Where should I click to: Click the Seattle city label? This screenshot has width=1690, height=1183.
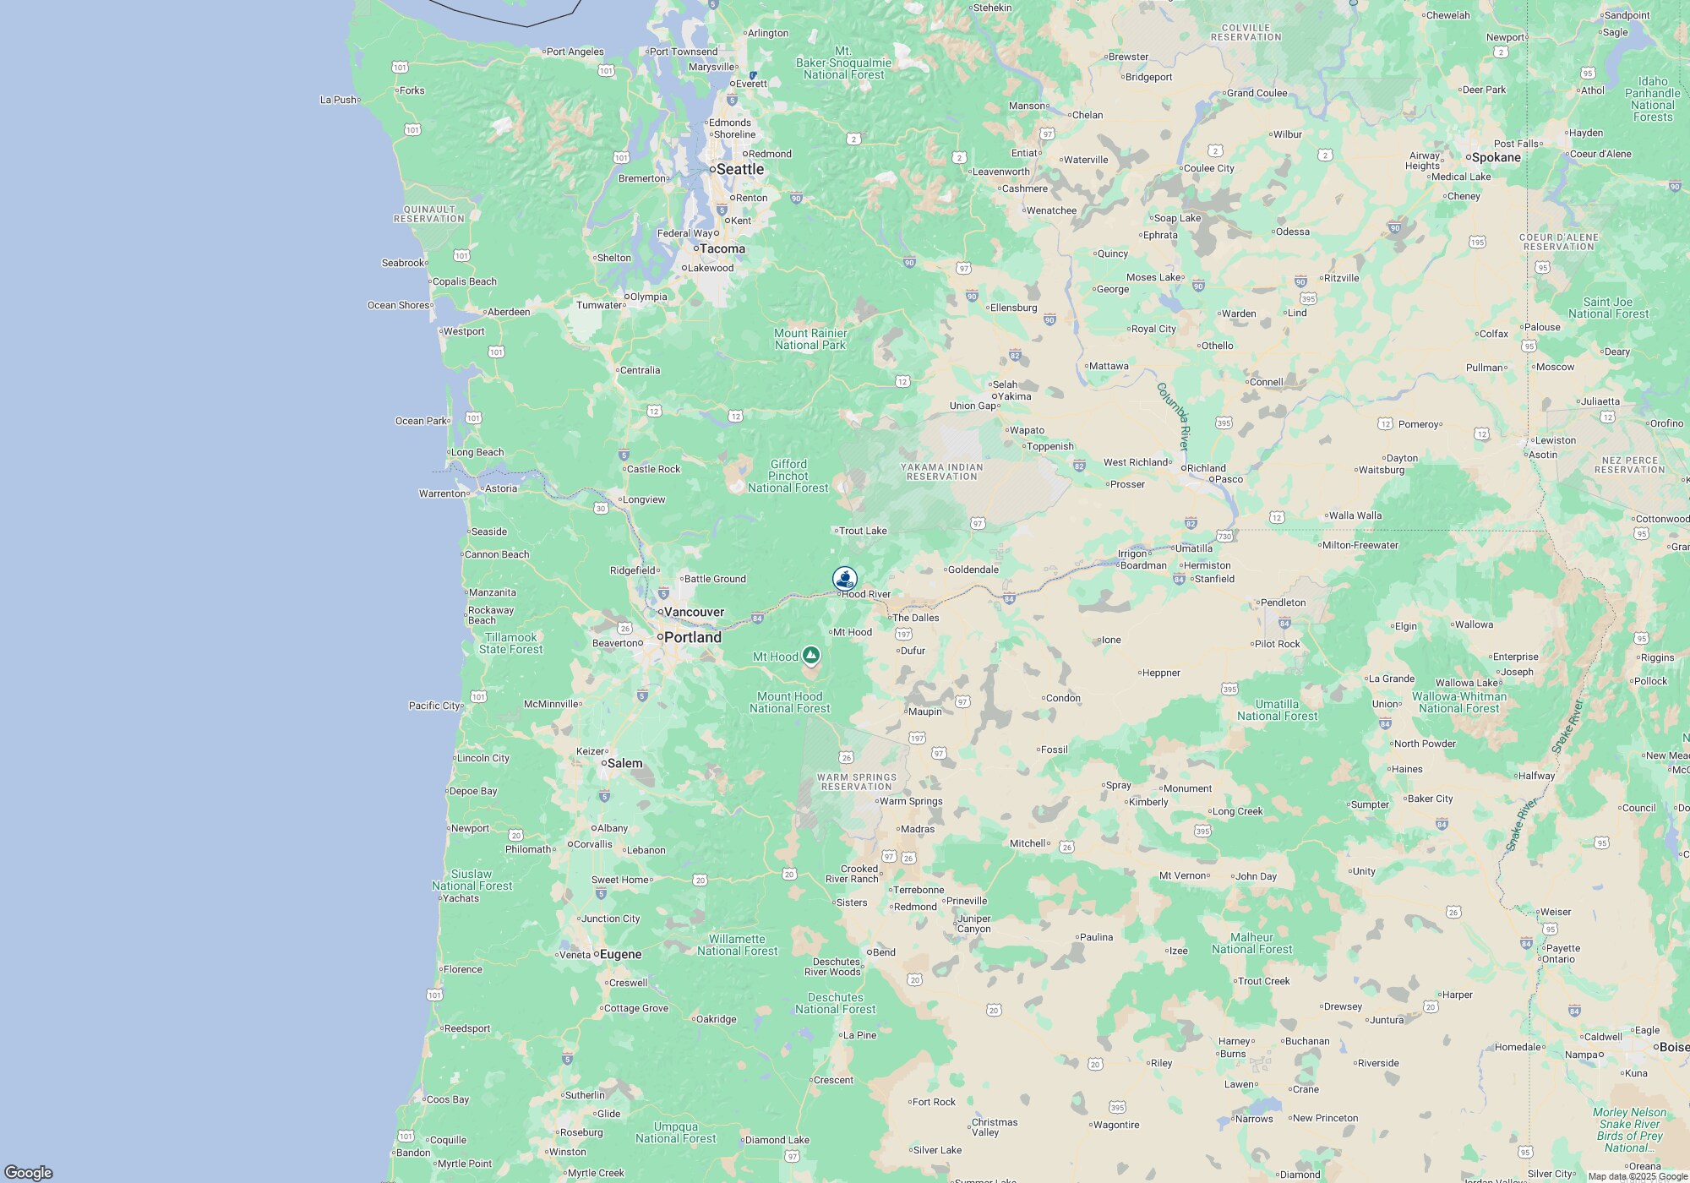point(739,169)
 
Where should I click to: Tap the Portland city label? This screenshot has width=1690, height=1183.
point(692,637)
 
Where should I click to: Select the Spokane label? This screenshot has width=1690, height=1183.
point(1496,157)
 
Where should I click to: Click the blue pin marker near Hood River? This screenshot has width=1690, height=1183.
point(844,579)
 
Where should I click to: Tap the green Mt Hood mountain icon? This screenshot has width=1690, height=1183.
point(811,655)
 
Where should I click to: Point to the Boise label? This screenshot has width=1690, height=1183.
point(1673,1047)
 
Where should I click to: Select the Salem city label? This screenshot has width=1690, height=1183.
point(624,763)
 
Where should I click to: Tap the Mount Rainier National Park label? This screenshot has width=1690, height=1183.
point(810,339)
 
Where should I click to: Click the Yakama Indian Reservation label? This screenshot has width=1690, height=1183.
point(941,472)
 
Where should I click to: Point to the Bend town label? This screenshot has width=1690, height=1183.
point(883,952)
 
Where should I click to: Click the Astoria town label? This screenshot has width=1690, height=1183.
point(501,488)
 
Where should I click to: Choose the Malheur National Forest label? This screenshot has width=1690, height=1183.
point(1251,943)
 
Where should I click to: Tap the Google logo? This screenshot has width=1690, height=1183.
point(28,1172)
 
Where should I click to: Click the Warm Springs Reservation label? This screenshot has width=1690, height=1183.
point(857,782)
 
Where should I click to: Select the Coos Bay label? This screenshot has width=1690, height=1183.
point(448,1099)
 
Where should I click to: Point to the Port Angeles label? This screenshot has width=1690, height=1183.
point(575,52)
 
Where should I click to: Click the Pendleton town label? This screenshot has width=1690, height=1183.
point(1283,602)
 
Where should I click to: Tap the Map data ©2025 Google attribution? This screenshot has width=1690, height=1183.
point(1637,1176)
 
